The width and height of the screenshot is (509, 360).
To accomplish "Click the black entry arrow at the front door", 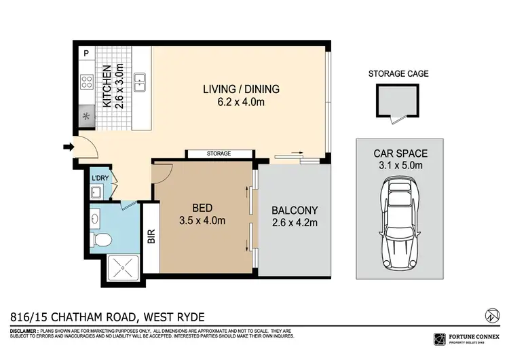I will (x=68, y=146).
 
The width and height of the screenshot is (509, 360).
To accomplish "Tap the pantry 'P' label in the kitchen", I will (x=87, y=53).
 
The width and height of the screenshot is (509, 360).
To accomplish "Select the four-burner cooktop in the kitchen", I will (x=87, y=82).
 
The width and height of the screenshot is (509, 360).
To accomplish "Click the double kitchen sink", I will (x=140, y=82).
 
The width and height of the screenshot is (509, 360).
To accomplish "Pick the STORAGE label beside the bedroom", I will (x=219, y=154).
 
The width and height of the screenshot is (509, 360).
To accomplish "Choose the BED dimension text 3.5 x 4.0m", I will (x=202, y=221).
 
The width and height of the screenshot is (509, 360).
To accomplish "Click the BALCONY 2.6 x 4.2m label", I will (x=294, y=216).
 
